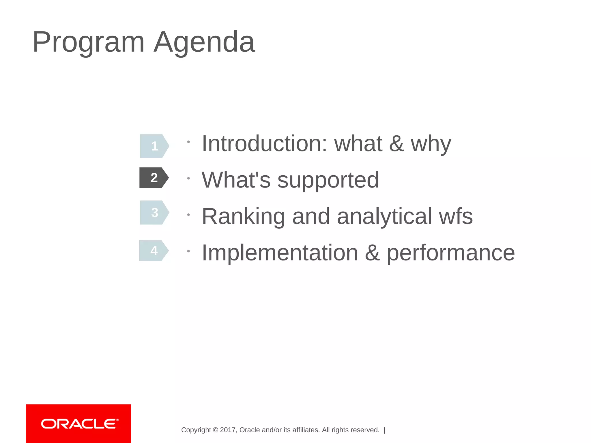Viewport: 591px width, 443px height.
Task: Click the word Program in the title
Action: [88, 43]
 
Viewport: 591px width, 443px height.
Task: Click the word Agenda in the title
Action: [204, 43]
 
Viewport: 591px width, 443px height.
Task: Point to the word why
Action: [431, 144]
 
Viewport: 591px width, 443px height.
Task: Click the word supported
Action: [328, 180]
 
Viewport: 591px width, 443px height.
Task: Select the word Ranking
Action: [243, 217]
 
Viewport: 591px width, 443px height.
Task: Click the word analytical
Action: [384, 217]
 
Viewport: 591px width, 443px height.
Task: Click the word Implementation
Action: [280, 253]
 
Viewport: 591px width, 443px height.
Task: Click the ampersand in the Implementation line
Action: [372, 253]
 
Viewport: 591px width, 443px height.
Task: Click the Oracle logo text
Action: [79, 424]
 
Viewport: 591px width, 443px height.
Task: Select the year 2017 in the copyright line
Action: [228, 430]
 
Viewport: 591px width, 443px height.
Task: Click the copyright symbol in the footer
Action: [215, 430]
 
